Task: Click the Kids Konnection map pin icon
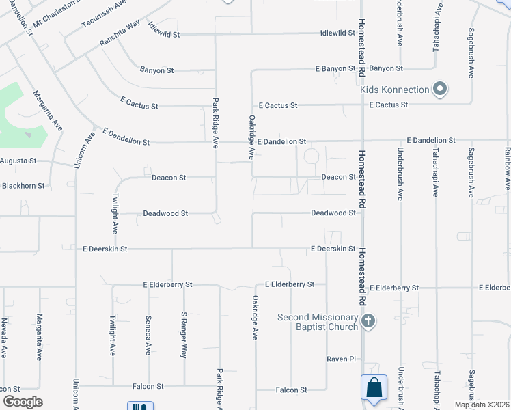point(441,90)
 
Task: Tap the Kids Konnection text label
point(395,90)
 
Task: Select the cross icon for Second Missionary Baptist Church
point(368,321)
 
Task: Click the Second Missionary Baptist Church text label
point(318,322)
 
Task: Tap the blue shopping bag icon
point(374,387)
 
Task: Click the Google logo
point(23,402)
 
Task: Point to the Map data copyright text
point(482,405)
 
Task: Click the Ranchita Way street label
point(119,32)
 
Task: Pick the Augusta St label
point(18,161)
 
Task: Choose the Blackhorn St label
point(23,185)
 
